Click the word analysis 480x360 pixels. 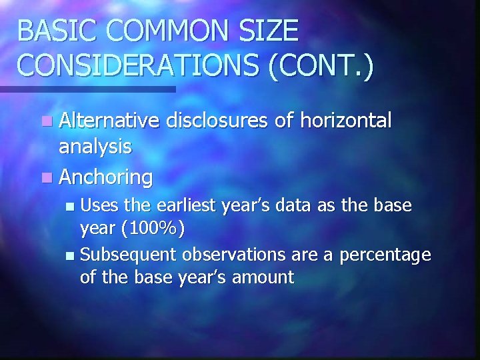pyautogui.click(x=95, y=147)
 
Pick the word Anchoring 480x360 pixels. pyautogui.click(x=106, y=177)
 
